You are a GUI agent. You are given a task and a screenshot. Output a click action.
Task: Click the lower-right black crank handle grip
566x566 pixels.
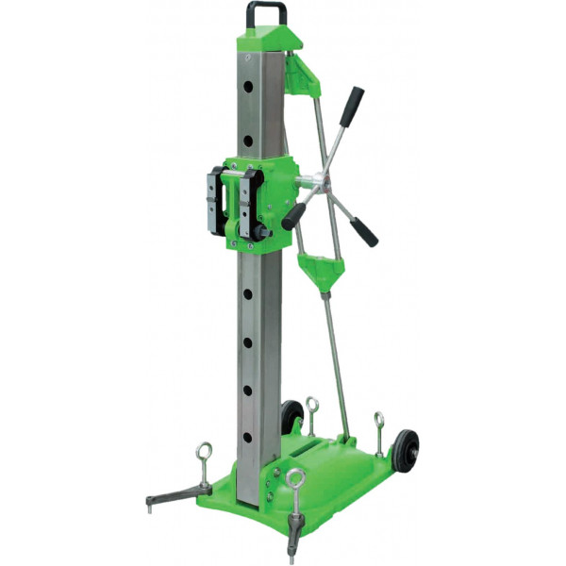pyautogui.click(x=364, y=231)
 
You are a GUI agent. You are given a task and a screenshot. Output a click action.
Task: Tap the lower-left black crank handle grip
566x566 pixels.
pyautogui.click(x=293, y=218)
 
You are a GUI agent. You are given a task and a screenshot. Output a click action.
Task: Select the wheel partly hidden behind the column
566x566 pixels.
pyautogui.click(x=291, y=415)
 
